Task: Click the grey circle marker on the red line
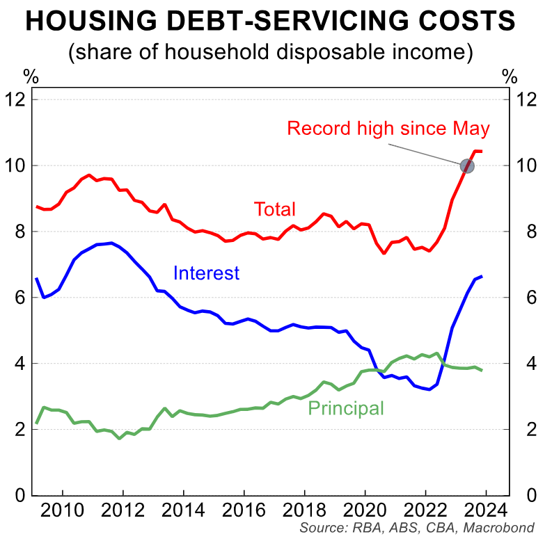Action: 467,166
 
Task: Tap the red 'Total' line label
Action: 275,209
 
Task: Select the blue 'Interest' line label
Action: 206,273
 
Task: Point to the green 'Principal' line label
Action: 345,408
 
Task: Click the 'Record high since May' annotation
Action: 388,129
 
